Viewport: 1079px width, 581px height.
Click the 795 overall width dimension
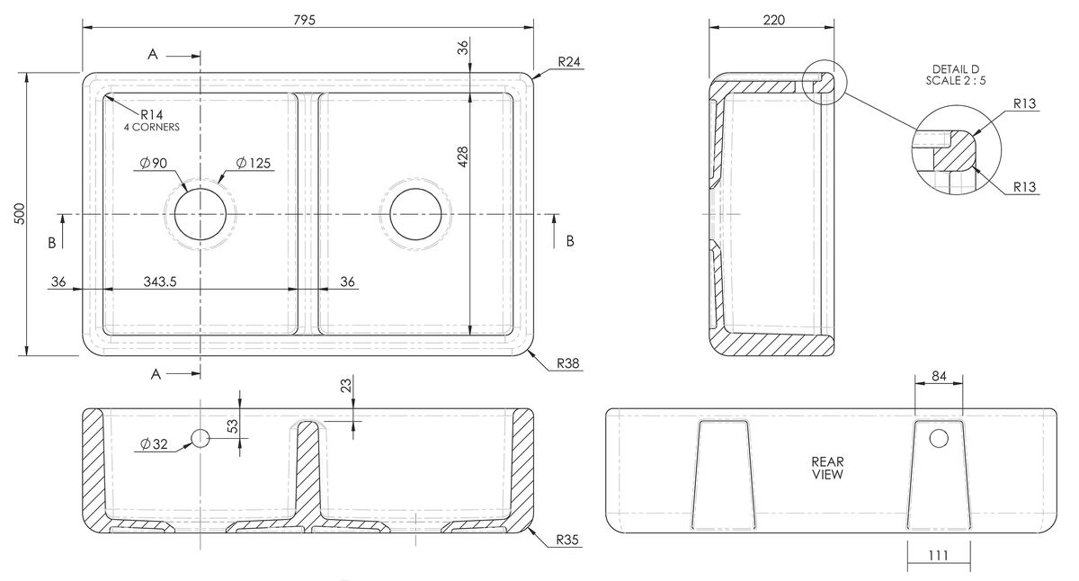[x=305, y=20]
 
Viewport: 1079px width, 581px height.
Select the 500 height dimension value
[x=20, y=214]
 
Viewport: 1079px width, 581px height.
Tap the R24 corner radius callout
[x=569, y=62]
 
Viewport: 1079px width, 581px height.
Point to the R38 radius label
[x=568, y=363]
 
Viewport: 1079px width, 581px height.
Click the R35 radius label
[x=567, y=540]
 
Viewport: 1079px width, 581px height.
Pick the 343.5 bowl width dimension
[x=160, y=282]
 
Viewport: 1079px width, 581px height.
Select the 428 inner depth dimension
[x=462, y=156]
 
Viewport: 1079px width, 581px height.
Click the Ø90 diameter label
[x=154, y=163]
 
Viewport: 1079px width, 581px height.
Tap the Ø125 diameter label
[x=254, y=163]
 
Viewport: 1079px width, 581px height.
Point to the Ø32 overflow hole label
[x=154, y=443]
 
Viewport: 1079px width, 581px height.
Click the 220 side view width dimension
[x=774, y=20]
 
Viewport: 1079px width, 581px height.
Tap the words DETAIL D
[x=956, y=69]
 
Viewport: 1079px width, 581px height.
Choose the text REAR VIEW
[x=827, y=468]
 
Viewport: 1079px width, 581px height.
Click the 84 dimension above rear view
[x=939, y=376]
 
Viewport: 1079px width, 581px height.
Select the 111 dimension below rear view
[x=939, y=556]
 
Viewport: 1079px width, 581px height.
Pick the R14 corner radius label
[x=152, y=114]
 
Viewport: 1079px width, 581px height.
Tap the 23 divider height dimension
[x=346, y=386]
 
